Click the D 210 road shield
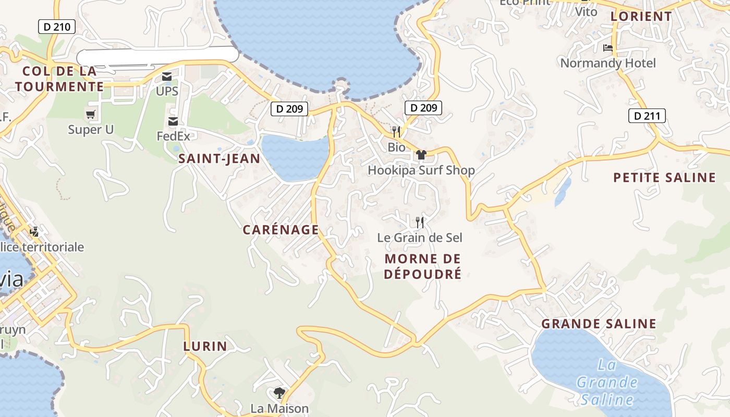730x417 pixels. (57, 27)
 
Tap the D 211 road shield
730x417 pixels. (647, 116)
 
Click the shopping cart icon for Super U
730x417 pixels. (91, 114)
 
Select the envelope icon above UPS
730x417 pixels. (167, 77)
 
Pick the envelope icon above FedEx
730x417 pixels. (173, 121)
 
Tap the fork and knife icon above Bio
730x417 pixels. (396, 131)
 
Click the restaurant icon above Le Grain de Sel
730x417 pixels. (420, 223)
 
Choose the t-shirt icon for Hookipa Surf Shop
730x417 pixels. (421, 155)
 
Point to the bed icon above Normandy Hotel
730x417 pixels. (607, 48)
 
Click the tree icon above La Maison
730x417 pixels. (279, 393)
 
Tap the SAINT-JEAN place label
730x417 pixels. (219, 159)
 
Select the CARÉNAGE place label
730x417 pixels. (281, 230)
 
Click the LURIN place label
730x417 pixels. (205, 346)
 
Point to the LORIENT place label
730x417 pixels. (641, 16)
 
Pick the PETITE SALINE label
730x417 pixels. (664, 178)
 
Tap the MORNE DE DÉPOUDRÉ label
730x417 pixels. (423, 266)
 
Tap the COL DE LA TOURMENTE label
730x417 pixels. (56, 79)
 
